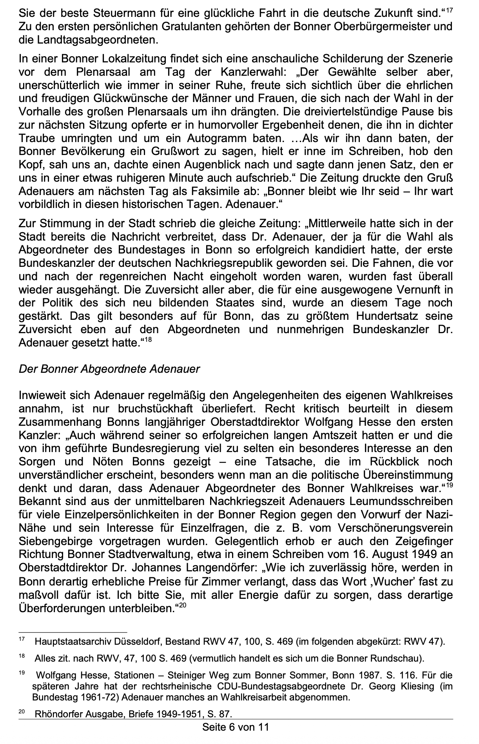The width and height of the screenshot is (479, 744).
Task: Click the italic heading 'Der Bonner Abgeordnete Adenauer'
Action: (109, 369)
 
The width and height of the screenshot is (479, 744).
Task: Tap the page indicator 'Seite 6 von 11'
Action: (236, 727)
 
